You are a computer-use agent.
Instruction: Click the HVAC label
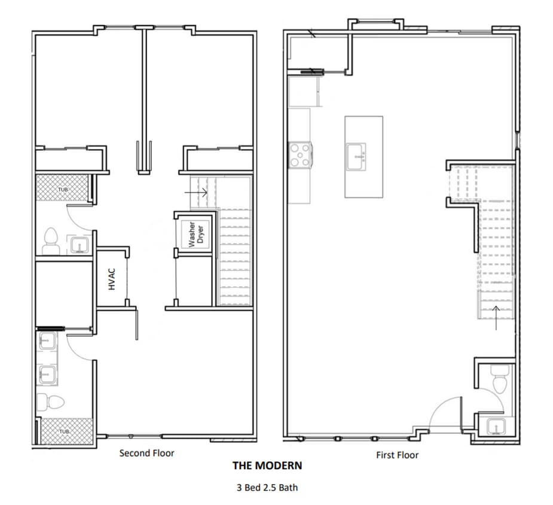(x=111, y=279)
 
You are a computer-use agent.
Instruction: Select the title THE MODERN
(x=267, y=466)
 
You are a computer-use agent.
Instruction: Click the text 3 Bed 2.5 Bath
(x=267, y=487)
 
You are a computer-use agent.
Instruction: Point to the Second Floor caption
(x=146, y=453)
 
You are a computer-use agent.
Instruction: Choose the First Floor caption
(x=397, y=455)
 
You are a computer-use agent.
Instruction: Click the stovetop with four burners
(x=300, y=154)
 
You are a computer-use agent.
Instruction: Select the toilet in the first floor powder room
(x=499, y=377)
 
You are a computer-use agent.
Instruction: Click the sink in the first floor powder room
(x=495, y=427)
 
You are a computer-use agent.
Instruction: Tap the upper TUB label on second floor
(x=63, y=190)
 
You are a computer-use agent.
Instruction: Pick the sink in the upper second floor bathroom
(x=78, y=245)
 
